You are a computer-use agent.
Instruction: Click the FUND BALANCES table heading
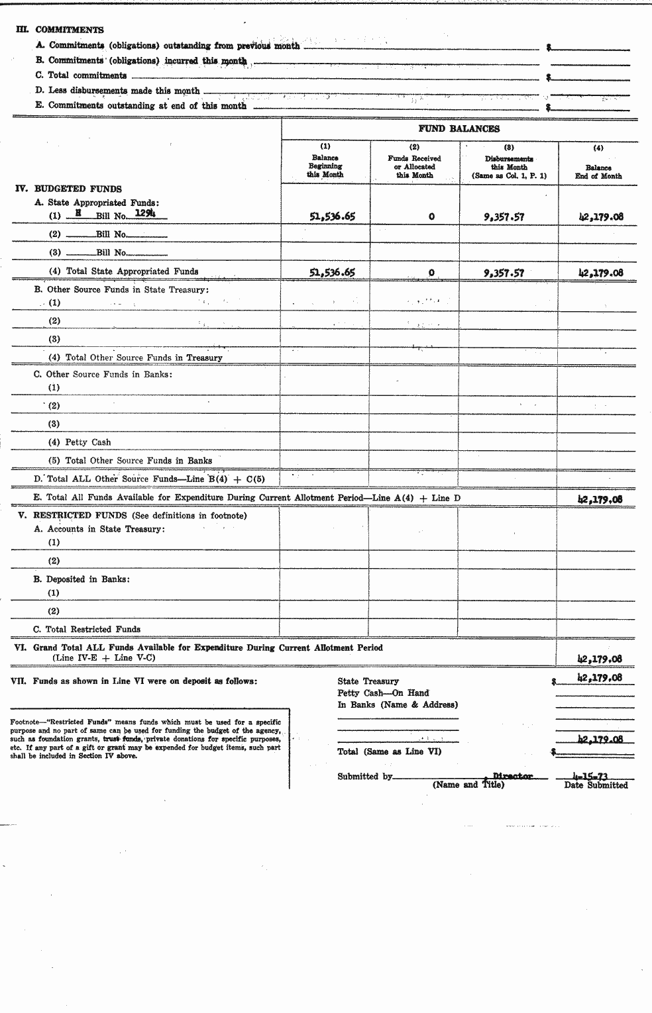pos(459,129)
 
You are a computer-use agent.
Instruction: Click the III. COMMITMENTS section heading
pos(60,30)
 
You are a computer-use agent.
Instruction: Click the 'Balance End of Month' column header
pos(598,171)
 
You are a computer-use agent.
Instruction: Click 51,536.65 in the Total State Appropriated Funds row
pos(332,272)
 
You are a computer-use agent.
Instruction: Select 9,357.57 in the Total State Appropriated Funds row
pos(504,272)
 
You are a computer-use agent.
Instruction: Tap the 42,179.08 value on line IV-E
pos(600,500)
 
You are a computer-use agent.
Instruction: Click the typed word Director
pos(512,776)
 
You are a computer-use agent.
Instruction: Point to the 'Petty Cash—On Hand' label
pos(383,693)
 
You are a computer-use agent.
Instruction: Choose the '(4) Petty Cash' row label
pos(80,442)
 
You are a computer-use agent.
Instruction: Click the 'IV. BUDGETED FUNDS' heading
pos(68,189)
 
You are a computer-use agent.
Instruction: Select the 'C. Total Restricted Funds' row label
pos(87,629)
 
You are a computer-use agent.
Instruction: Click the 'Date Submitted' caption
pos(596,785)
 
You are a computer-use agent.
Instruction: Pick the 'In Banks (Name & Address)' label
pos(398,705)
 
